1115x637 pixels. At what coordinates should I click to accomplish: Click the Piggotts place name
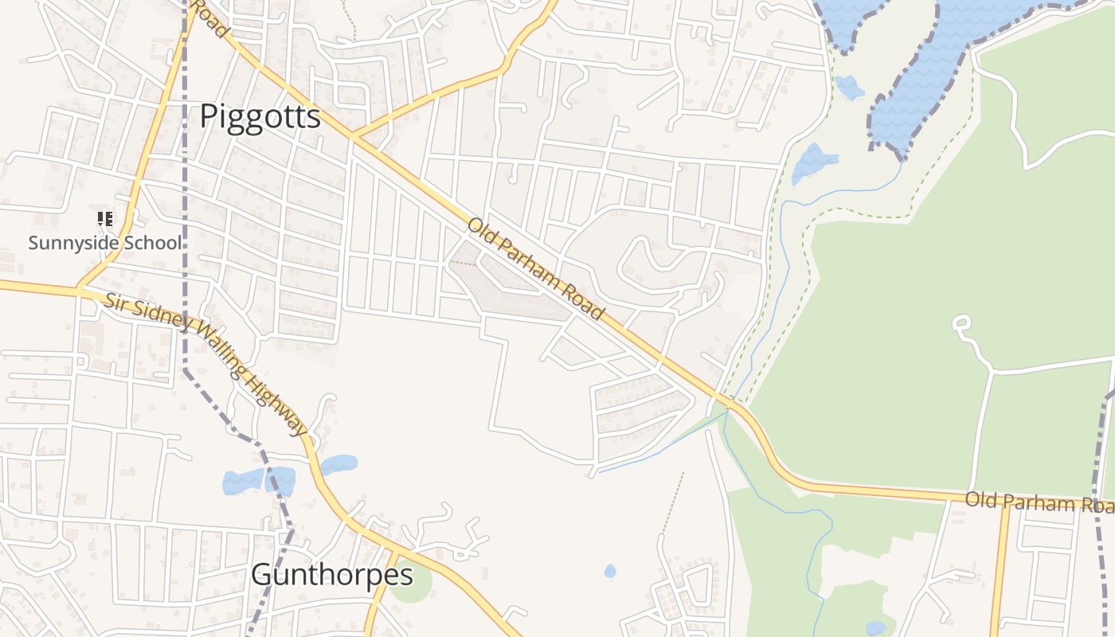coord(260,116)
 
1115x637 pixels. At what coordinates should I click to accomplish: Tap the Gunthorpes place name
coord(332,574)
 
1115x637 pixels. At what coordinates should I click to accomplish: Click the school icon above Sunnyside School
coord(105,219)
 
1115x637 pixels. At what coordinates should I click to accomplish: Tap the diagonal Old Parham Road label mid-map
coord(535,268)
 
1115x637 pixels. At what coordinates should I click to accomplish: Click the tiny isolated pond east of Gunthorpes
coord(609,571)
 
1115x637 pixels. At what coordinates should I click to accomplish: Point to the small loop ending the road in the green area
coord(961,322)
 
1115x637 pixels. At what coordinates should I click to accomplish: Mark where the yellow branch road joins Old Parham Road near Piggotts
coord(353,138)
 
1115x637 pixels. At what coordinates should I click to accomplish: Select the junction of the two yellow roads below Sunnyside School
coord(78,289)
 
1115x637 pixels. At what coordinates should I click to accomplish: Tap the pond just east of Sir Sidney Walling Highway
coord(338,465)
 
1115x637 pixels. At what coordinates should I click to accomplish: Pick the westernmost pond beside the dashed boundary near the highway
coord(242,481)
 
